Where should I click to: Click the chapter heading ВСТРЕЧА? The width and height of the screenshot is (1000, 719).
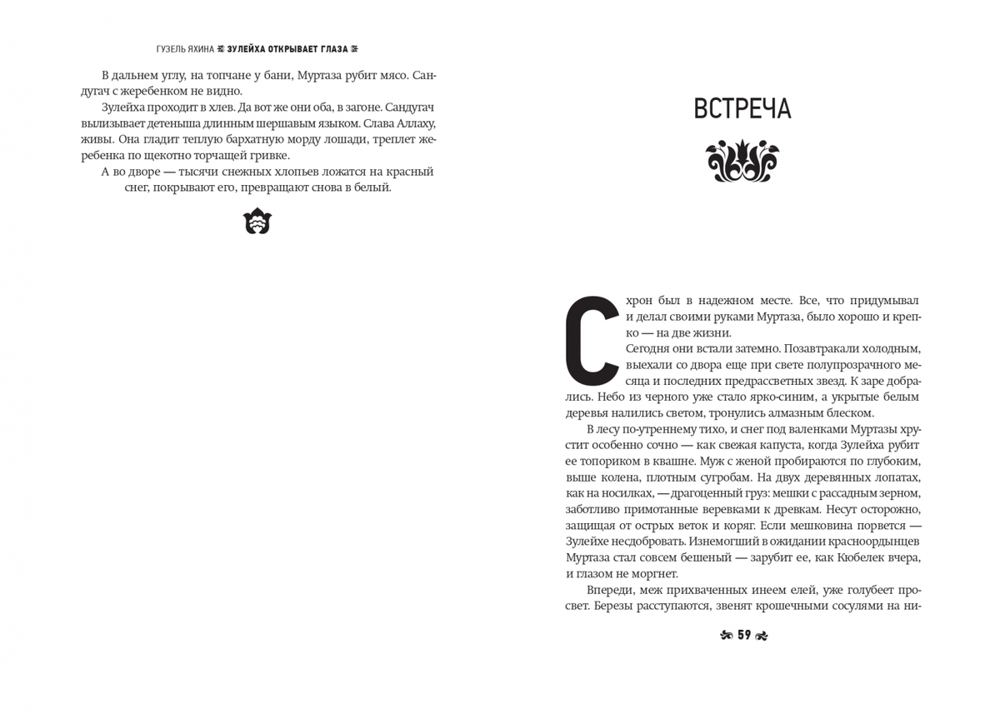coord(742,109)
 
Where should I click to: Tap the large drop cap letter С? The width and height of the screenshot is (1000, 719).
coord(592,337)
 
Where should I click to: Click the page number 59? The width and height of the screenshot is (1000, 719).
coord(743,635)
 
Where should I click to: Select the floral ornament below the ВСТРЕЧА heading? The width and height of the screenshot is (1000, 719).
coord(742,162)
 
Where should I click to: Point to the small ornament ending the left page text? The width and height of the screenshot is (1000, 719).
coord(257,221)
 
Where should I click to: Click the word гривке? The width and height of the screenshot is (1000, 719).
coord(266,155)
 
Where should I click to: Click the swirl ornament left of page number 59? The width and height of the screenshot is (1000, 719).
coord(725,636)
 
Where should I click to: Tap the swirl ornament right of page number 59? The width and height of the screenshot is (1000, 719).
coord(761,636)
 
